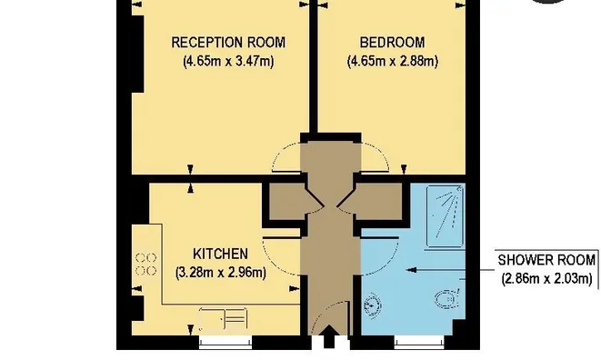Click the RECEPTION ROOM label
click(228, 42)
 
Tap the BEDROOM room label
click(392, 42)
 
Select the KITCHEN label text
click(220, 254)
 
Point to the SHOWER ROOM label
click(546, 260)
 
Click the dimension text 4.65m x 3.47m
click(228, 61)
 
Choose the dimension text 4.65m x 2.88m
click(393, 61)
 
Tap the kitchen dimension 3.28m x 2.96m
click(221, 273)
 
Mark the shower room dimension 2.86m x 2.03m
click(547, 279)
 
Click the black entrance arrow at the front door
click(329, 336)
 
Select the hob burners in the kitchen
click(146, 265)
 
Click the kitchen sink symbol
click(223, 319)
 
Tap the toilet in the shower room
click(447, 299)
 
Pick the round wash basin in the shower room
click(372, 305)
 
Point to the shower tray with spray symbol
click(446, 216)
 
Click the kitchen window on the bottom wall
click(225, 343)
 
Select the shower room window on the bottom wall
click(419, 343)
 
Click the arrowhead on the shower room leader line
click(411, 270)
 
